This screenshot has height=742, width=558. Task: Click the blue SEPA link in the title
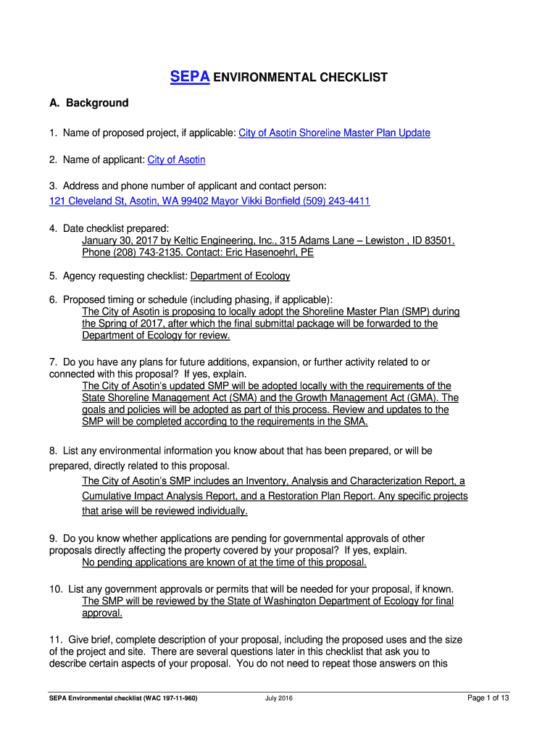pyautogui.click(x=190, y=77)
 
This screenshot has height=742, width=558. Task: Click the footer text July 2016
pyautogui.click(x=279, y=698)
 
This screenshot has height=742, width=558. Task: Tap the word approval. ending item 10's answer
pyautogui.click(x=102, y=613)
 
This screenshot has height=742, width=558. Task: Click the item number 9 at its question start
pyautogui.click(x=53, y=538)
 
